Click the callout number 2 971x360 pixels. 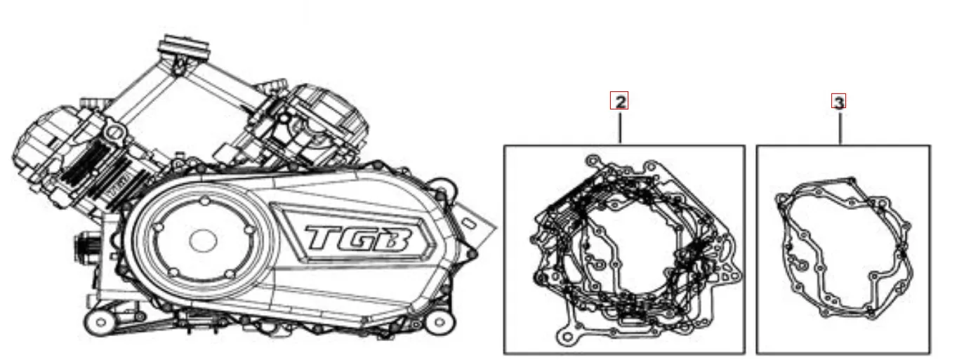(x=619, y=102)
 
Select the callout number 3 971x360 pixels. (x=838, y=102)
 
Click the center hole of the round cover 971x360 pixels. (x=202, y=241)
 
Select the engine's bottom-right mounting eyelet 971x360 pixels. (x=439, y=323)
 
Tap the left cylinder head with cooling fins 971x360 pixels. (x=67, y=158)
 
